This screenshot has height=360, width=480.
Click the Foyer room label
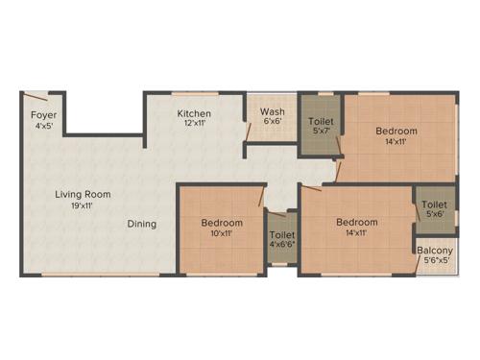click(43, 114)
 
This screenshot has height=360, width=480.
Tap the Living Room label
click(83, 194)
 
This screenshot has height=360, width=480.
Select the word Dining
click(142, 224)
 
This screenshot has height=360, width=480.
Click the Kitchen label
click(193, 113)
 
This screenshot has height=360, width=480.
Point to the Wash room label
click(272, 111)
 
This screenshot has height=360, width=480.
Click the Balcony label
click(433, 252)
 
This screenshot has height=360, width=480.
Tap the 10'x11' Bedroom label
click(222, 223)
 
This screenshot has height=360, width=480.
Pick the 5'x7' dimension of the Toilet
click(320, 132)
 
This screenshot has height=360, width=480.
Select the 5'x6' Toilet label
click(434, 204)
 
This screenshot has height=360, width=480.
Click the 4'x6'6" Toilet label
click(281, 235)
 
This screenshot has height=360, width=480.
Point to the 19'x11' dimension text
click(83, 204)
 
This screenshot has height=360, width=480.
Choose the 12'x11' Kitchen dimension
click(193, 124)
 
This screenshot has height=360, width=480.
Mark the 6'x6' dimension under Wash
click(272, 122)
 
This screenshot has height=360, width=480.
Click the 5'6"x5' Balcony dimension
click(433, 262)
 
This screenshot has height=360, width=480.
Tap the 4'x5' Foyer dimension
click(43, 125)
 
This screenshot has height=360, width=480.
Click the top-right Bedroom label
click(396, 131)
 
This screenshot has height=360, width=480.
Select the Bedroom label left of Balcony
click(356, 222)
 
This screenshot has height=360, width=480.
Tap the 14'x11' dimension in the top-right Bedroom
click(396, 141)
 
